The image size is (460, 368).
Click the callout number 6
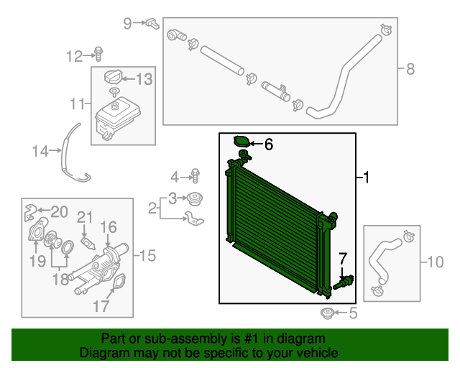coord(269,144)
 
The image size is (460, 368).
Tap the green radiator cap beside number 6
coord(241,142)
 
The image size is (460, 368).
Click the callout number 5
coord(352,313)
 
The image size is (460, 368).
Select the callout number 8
coord(410,70)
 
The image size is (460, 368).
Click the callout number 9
coord(128,23)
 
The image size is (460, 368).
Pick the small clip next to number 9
coord(152,24)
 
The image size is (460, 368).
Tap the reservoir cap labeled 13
coord(113,78)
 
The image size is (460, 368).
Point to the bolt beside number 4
coord(195,175)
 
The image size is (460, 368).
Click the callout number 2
coord(152,208)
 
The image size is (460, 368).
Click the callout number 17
coord(100,306)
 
